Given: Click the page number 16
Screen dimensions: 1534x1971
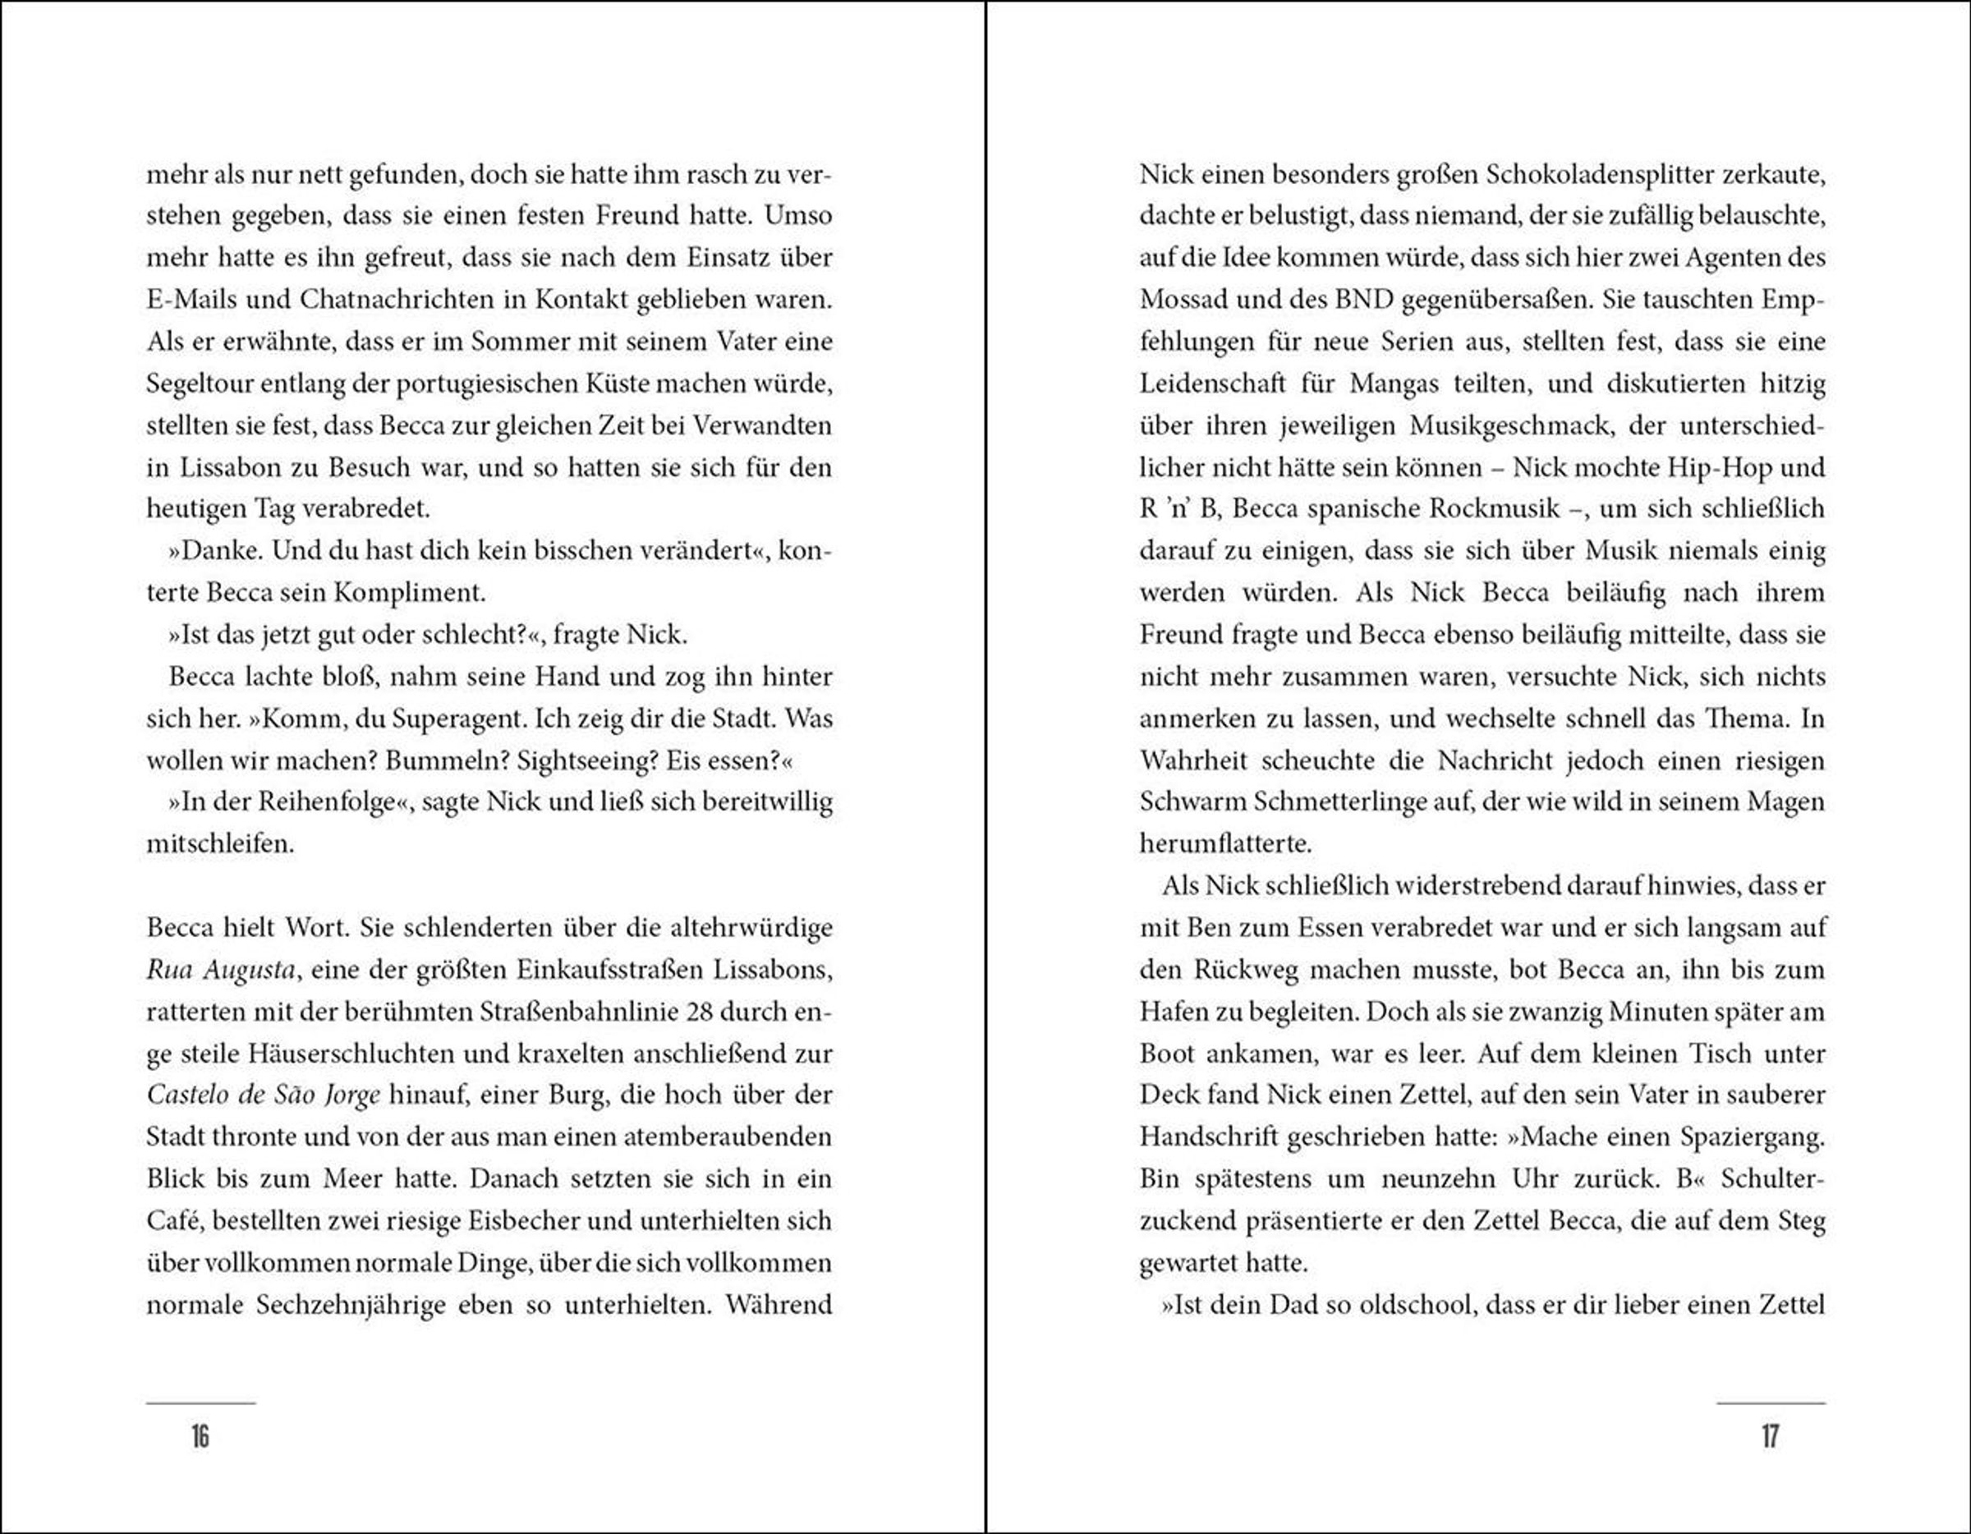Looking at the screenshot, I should [x=200, y=1435].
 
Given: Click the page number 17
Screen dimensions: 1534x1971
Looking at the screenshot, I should [x=1770, y=1435].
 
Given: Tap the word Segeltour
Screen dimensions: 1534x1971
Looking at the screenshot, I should [x=200, y=383].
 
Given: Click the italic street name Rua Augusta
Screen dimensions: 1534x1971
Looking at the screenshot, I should [x=221, y=970].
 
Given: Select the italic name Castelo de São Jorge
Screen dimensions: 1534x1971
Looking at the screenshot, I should [x=264, y=1095].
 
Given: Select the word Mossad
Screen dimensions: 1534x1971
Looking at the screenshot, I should [x=1183, y=300].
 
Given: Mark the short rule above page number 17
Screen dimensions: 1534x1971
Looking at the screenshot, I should [x=1770, y=1403].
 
